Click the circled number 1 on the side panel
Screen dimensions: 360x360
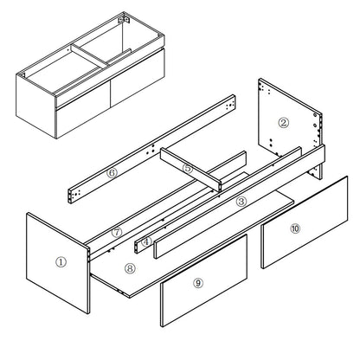coord(60,260)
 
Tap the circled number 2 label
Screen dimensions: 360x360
coord(283,122)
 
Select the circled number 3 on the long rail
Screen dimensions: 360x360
coord(241,200)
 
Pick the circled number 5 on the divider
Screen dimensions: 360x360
coord(187,168)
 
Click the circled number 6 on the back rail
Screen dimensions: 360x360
coord(112,173)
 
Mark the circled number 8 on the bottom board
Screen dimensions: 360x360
coord(131,269)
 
